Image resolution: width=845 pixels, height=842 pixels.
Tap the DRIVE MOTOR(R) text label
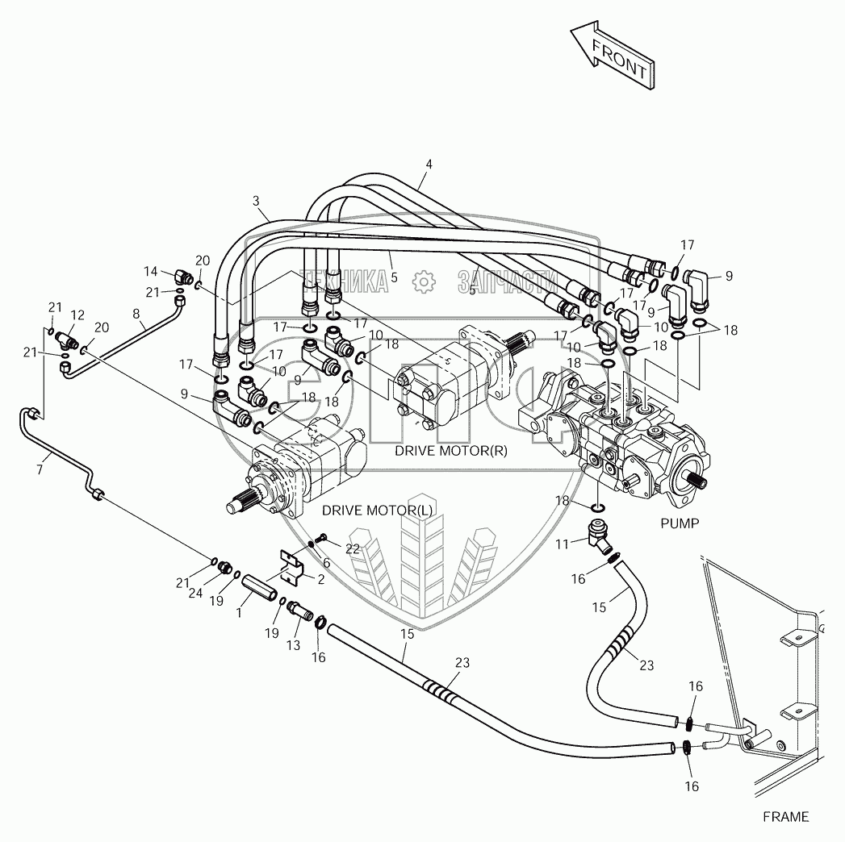(450, 451)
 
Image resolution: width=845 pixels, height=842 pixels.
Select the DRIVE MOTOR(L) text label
(377, 511)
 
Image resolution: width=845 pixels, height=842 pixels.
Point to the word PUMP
(679, 523)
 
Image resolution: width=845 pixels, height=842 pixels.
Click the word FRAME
(785, 817)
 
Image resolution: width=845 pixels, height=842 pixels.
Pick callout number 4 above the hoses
(429, 165)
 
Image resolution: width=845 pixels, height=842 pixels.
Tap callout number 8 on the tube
(136, 314)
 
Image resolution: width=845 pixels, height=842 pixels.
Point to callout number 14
(150, 271)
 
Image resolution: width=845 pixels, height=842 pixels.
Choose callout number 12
(77, 315)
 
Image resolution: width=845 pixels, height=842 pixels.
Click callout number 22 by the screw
(353, 548)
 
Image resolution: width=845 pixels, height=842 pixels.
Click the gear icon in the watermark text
(421, 281)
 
